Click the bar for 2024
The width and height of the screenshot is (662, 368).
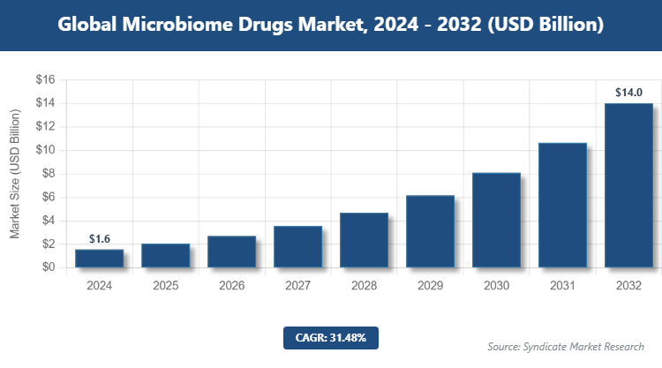click(x=99, y=258)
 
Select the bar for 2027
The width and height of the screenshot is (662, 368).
click(x=297, y=246)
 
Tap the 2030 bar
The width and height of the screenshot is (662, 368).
click(x=496, y=220)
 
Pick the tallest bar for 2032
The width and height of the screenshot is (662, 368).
click(x=628, y=185)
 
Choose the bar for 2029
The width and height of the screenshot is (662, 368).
click(x=430, y=231)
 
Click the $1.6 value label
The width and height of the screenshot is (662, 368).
click(x=100, y=239)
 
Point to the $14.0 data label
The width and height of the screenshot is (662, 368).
click(x=629, y=92)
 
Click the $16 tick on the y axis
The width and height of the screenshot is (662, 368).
click(x=45, y=80)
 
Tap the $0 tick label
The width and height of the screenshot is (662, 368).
click(x=48, y=267)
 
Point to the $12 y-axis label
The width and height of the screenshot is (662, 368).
click(x=45, y=127)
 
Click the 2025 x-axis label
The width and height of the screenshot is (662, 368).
click(x=165, y=286)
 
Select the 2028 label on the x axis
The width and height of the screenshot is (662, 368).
click(x=364, y=286)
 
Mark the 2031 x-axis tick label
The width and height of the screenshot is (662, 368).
click(x=562, y=286)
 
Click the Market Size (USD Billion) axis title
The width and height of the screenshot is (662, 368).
click(x=15, y=174)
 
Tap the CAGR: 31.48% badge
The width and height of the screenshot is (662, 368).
click(x=331, y=337)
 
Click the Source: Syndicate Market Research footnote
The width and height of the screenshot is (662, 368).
click(x=565, y=346)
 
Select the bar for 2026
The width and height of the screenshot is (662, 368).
click(x=231, y=252)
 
